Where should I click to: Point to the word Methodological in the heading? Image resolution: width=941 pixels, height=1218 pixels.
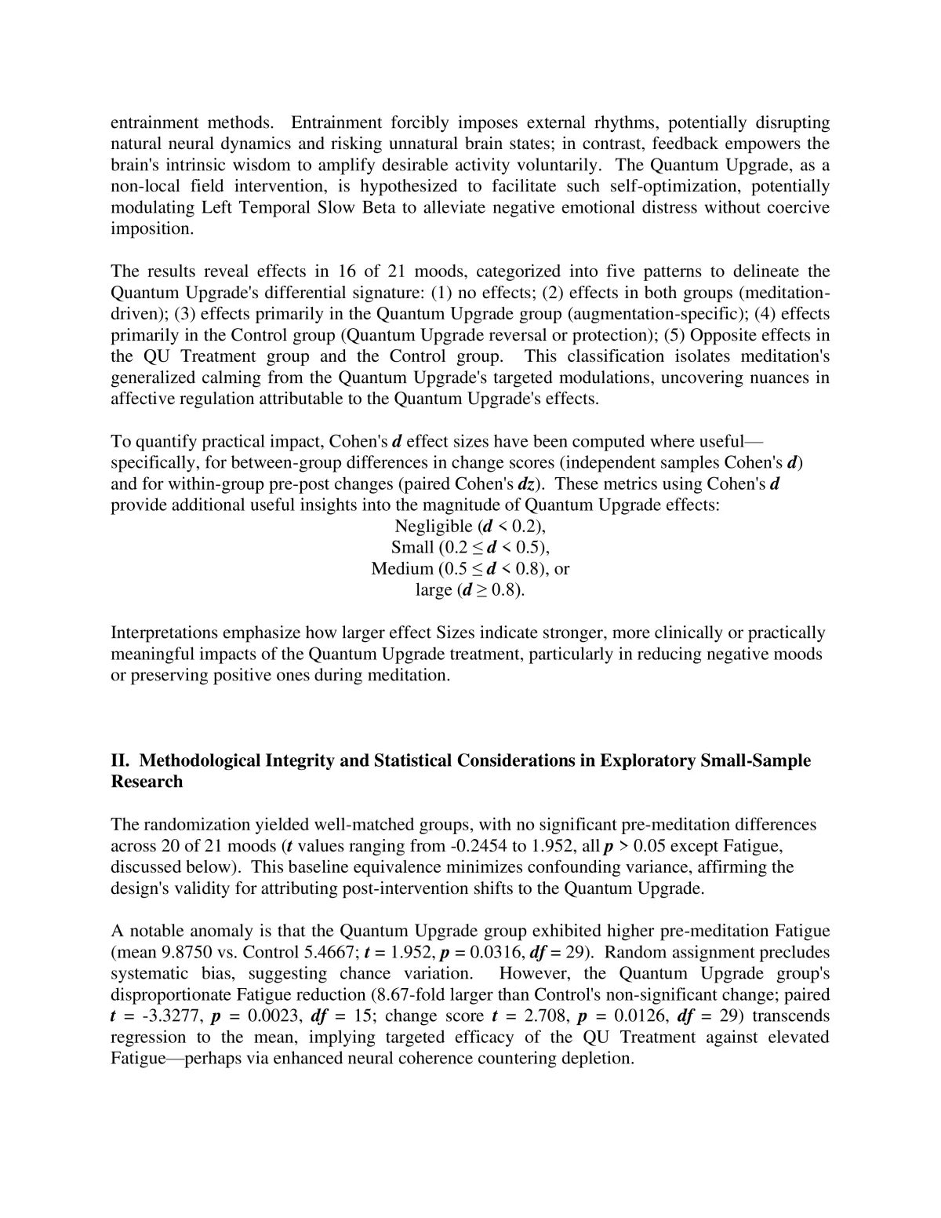[x=200, y=760]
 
